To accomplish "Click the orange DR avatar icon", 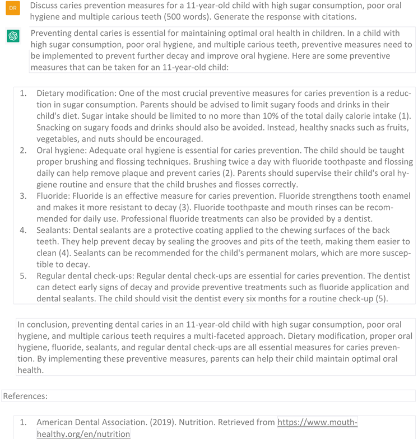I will [x=13, y=8].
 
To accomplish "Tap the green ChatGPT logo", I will [x=13, y=35].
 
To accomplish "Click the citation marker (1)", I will [x=405, y=116].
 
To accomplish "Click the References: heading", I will [x=25, y=396].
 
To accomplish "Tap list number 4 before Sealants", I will [x=23, y=230].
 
